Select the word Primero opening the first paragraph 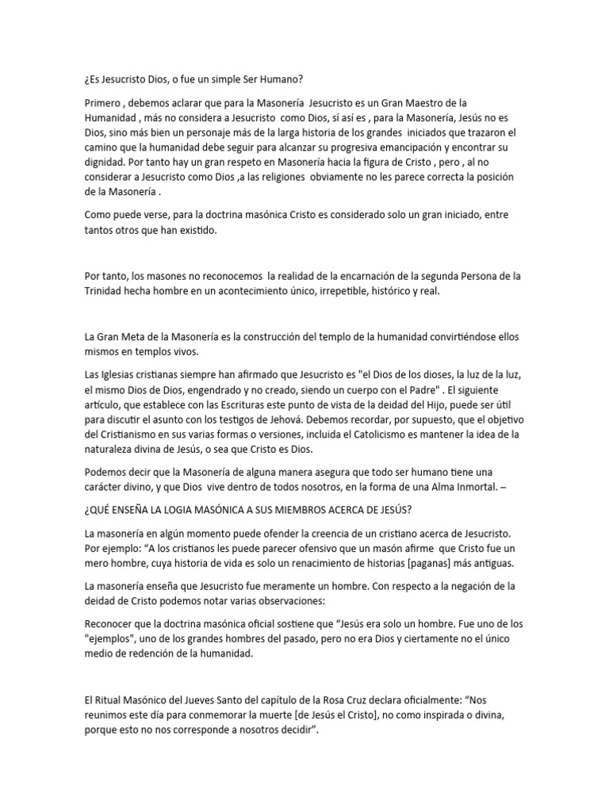click(x=105, y=104)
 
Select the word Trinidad click(x=105, y=290)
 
